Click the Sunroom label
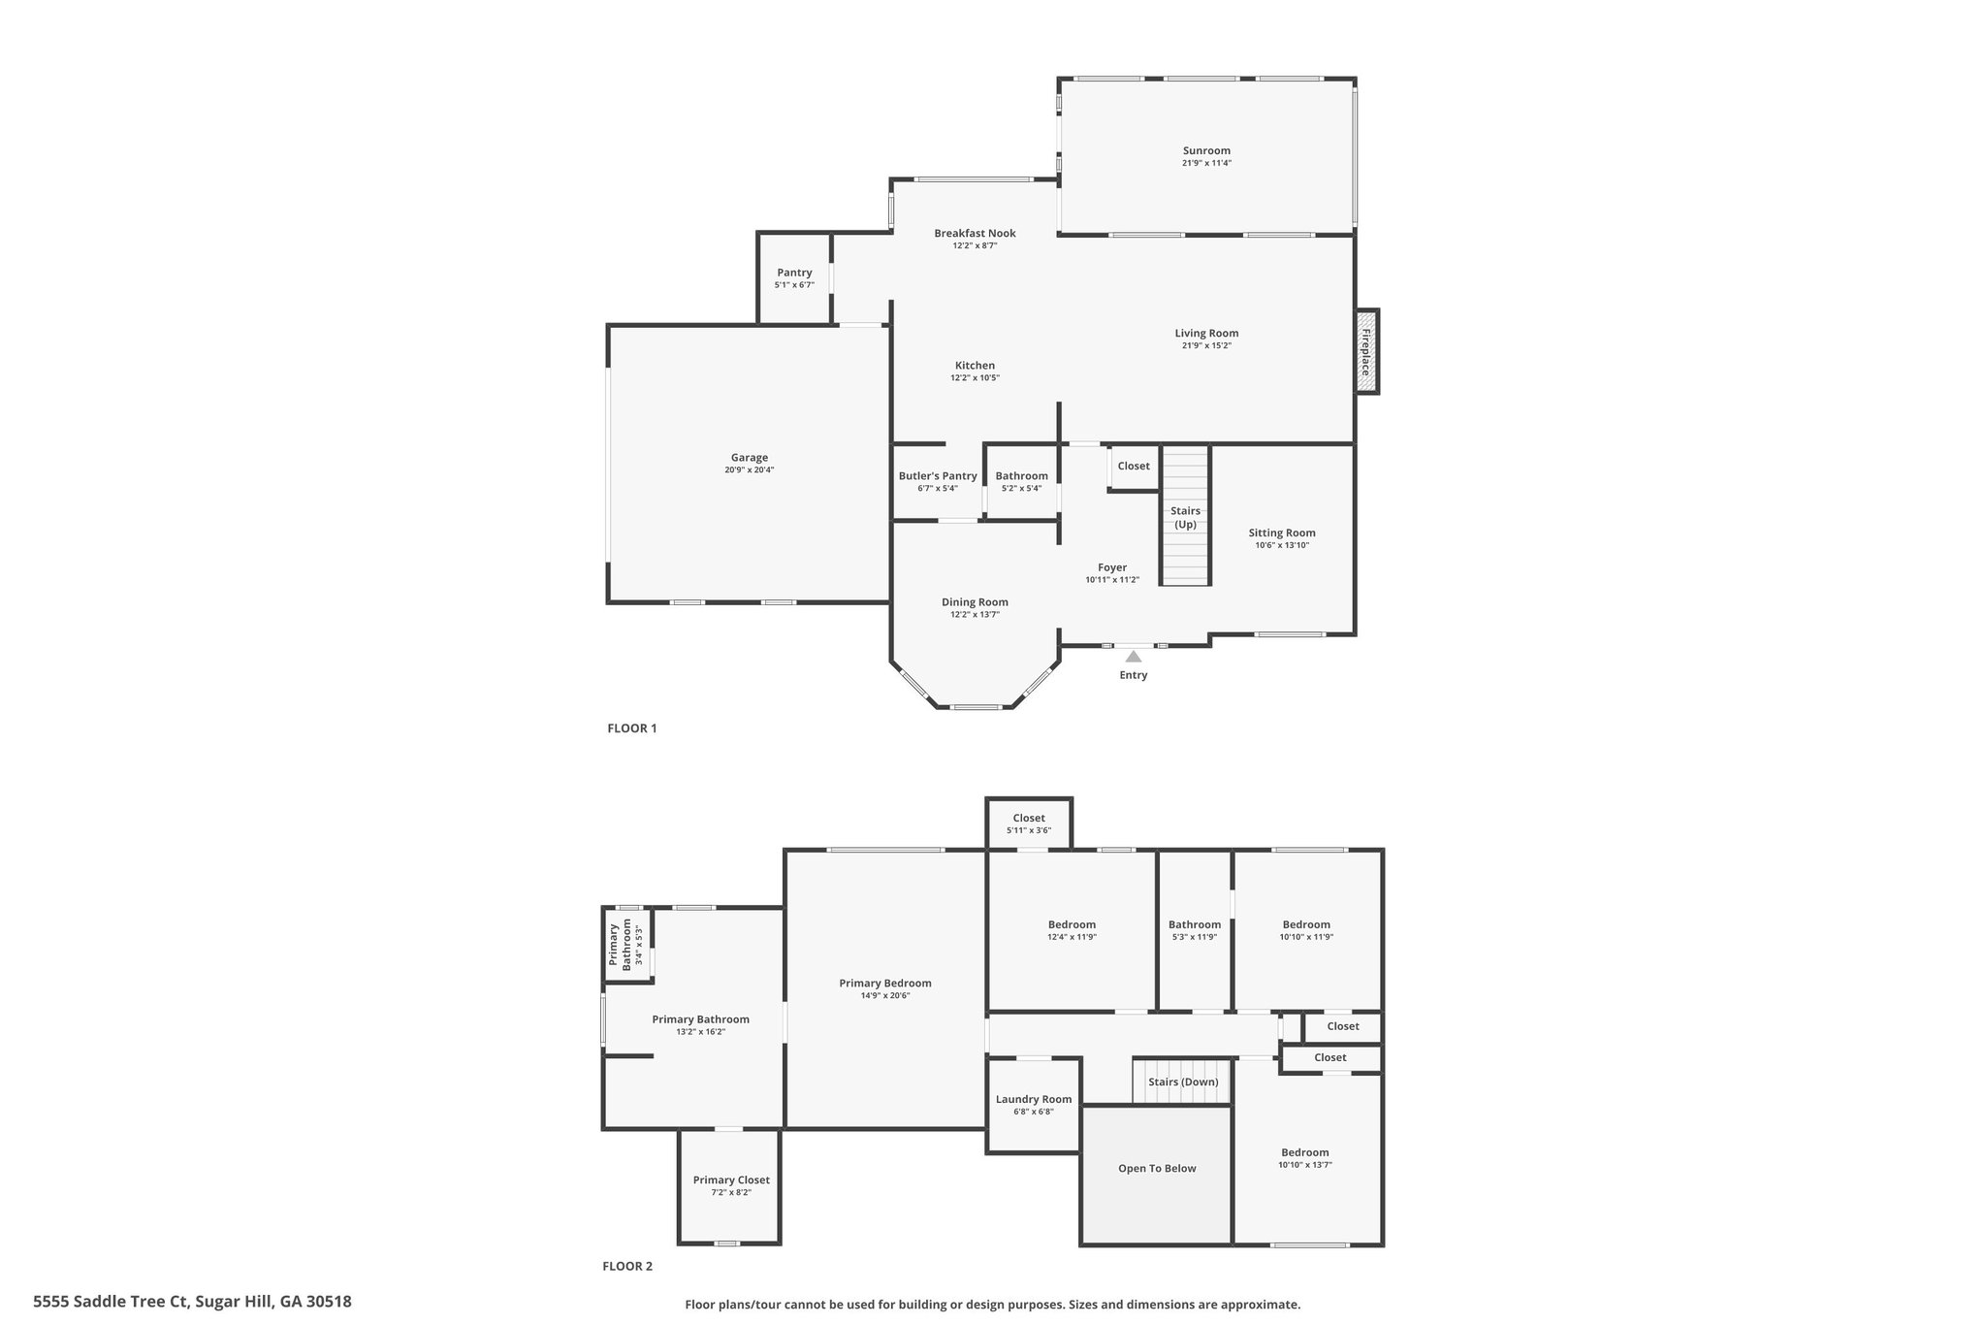point(1206,150)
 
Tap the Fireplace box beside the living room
point(1366,351)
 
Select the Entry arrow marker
point(1133,657)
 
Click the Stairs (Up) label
point(1185,517)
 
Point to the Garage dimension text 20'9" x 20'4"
point(749,470)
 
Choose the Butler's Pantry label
point(938,476)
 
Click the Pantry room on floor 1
point(794,278)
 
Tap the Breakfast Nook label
point(975,233)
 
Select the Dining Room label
point(975,602)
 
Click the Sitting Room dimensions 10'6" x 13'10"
point(1281,545)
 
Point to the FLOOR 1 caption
point(631,728)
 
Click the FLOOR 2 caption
point(627,1266)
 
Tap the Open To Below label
point(1157,1169)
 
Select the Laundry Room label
point(1034,1099)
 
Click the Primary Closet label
point(731,1180)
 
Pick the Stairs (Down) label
point(1183,1082)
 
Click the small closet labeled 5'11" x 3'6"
point(1029,823)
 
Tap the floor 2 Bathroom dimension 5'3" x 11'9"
point(1194,937)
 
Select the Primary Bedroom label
point(885,983)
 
